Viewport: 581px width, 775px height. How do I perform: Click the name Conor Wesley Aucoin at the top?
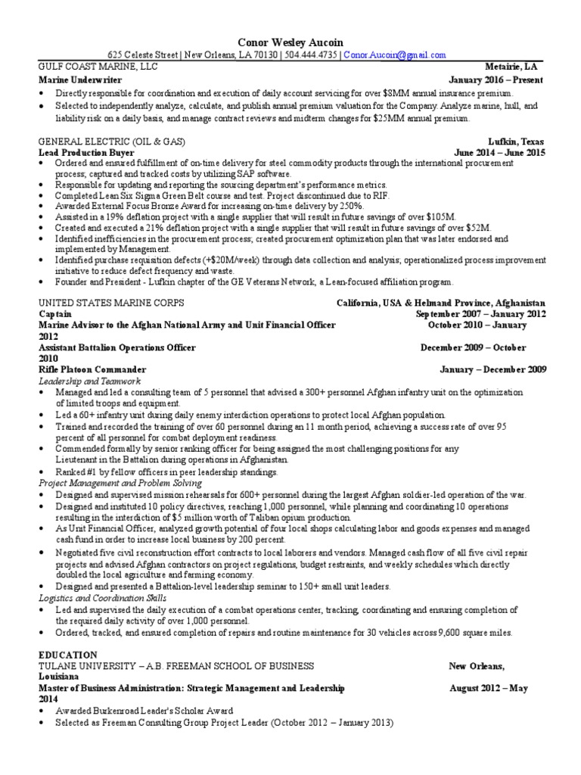[x=290, y=42]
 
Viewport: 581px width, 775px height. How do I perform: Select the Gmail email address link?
[x=395, y=54]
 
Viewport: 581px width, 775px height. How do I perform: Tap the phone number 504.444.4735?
[x=311, y=54]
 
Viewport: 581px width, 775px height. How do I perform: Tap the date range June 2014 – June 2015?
[x=499, y=152]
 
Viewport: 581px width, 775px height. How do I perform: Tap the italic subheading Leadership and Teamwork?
[x=89, y=381]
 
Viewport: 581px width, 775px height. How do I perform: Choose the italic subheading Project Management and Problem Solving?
[x=120, y=482]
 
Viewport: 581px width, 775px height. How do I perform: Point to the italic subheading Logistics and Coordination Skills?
[x=105, y=598]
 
